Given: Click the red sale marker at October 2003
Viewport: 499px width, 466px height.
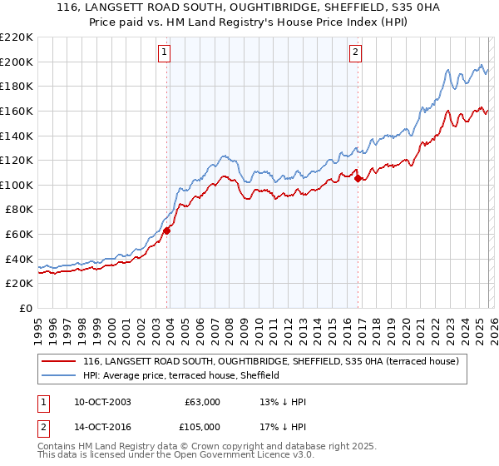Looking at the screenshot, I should click(x=167, y=231).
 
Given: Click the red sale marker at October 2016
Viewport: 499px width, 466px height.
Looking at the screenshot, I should click(x=358, y=178).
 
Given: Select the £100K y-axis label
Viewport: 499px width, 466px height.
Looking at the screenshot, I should click(x=17, y=185).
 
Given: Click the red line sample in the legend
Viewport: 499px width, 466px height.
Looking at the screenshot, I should click(x=58, y=362).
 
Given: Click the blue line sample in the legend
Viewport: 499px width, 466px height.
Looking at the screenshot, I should click(x=58, y=376).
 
